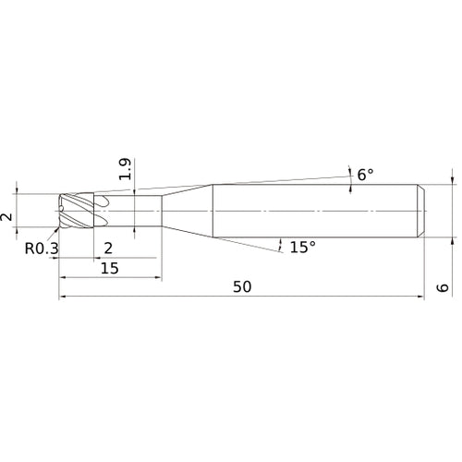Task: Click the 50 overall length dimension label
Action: coord(242,287)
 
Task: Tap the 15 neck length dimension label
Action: coord(110,268)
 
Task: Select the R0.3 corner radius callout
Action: coord(42,249)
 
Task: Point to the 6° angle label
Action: coord(365,175)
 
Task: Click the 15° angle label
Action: coord(303,247)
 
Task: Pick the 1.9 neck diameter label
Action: coord(126,169)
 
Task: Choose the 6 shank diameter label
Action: coord(443,287)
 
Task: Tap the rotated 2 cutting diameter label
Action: coord(6,217)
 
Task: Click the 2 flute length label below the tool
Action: coord(108,249)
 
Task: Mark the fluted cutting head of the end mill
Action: coord(76,211)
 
